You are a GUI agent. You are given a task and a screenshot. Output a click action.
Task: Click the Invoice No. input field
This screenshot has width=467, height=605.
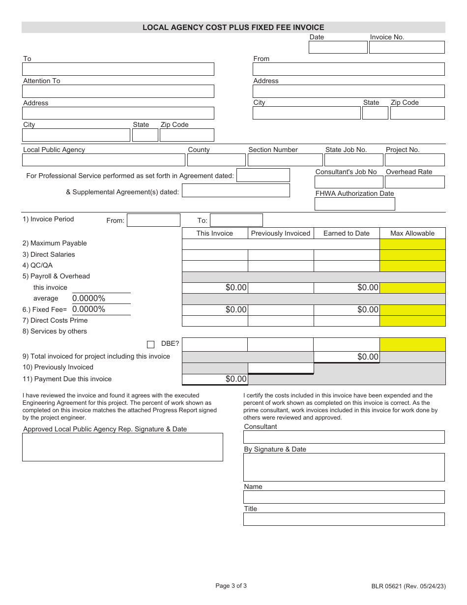[407, 47]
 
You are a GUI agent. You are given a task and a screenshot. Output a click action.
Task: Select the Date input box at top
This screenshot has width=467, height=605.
[338, 47]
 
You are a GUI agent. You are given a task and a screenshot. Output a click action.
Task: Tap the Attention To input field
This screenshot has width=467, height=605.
[118, 91]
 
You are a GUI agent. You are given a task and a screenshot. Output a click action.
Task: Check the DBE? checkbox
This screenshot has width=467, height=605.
[151, 344]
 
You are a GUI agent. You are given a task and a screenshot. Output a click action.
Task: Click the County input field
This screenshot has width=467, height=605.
[216, 160]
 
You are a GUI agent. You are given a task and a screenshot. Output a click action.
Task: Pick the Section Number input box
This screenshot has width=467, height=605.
[285, 160]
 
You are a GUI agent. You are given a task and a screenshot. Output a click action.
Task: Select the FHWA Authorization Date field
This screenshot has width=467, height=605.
[354, 204]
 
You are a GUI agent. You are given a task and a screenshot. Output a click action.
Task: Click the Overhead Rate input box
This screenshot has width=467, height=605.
[414, 182]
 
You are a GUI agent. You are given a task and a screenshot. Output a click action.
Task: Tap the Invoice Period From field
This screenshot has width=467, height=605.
[153, 220]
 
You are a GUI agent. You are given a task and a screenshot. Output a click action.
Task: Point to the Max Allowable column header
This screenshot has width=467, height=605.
[412, 233]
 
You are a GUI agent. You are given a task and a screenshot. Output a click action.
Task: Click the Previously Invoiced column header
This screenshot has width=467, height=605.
[281, 233]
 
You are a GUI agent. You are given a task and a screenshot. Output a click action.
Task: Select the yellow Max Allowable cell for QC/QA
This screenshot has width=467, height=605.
[412, 266]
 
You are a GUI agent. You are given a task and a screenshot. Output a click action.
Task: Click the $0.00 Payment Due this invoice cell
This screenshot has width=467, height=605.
[215, 379]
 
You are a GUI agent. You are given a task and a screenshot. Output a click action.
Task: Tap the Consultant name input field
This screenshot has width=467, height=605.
[344, 437]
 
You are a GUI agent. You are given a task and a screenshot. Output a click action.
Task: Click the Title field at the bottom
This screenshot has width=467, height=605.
[344, 519]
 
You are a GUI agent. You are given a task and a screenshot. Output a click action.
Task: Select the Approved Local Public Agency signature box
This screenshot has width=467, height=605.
[122, 447]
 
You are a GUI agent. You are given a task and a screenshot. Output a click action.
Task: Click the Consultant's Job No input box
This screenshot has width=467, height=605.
[349, 182]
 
